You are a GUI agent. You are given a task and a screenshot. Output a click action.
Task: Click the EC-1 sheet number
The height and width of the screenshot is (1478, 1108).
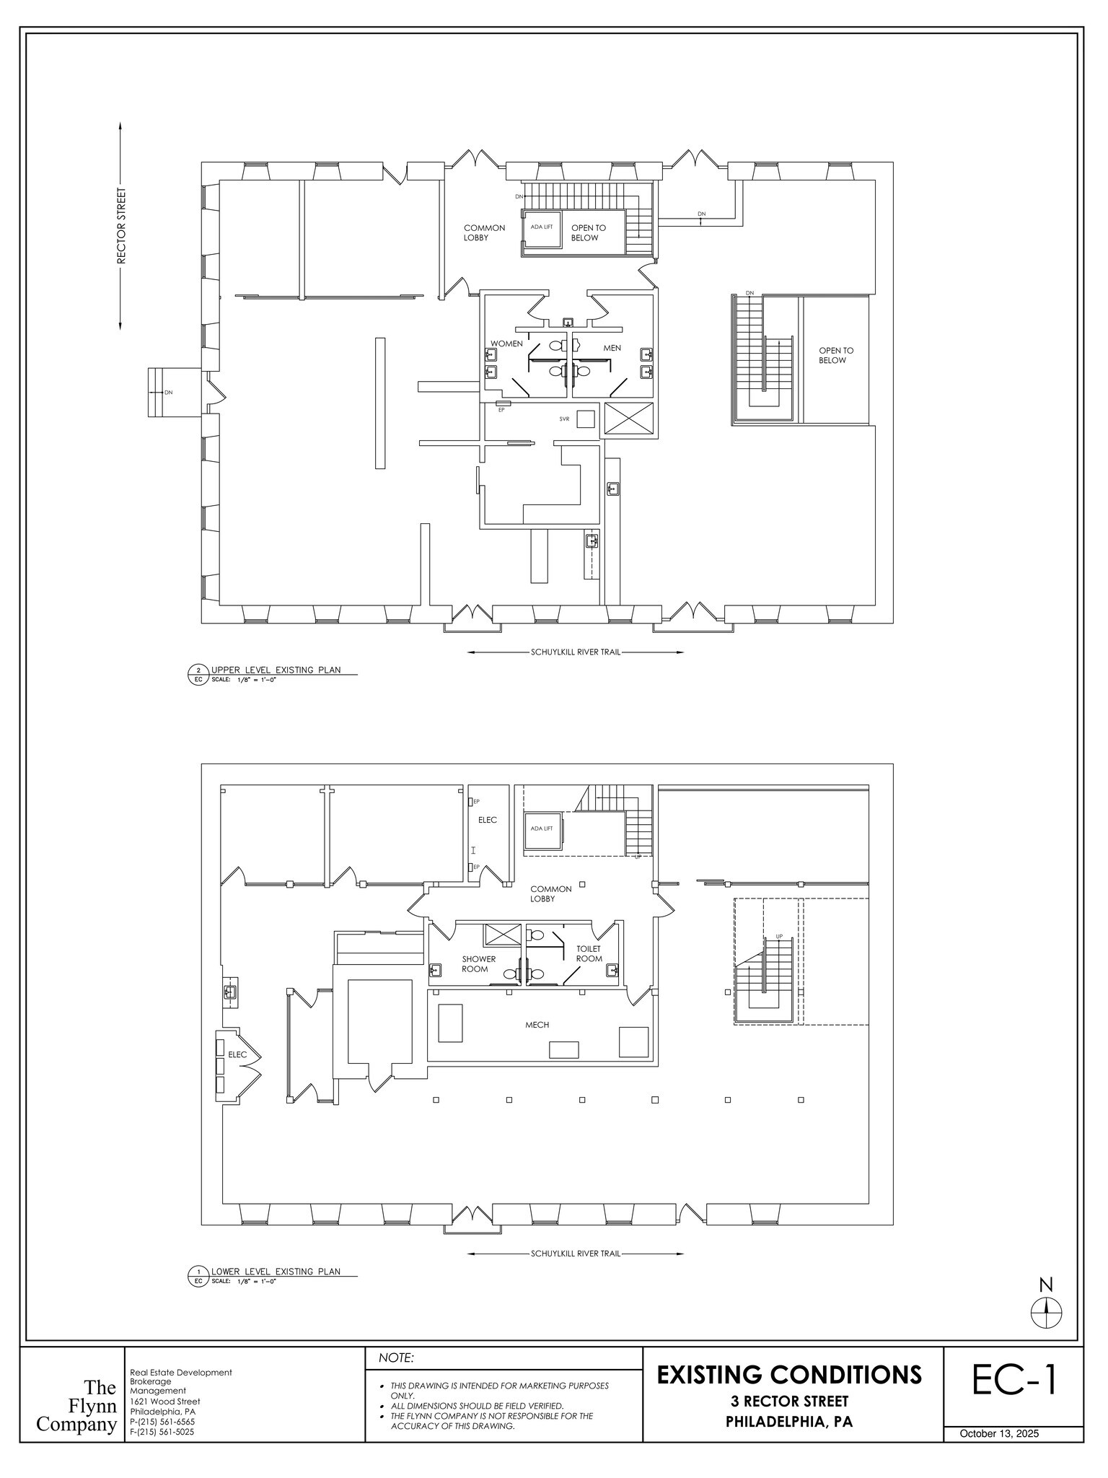point(1014,1379)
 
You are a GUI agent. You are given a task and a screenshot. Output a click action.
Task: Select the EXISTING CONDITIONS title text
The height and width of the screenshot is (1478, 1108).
point(789,1374)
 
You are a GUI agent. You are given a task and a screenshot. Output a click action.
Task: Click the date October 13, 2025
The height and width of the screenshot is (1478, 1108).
point(999,1433)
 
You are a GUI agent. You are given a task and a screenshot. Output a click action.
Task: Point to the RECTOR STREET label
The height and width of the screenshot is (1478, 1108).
point(121,226)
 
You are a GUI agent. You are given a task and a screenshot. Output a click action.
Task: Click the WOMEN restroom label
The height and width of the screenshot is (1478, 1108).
point(506,344)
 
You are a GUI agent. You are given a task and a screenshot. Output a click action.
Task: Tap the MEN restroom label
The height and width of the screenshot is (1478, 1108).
point(612,348)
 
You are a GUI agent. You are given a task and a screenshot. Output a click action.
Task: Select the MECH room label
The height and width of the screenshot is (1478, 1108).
point(537,1025)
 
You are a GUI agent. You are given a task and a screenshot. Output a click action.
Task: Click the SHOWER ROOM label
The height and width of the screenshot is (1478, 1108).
point(478,964)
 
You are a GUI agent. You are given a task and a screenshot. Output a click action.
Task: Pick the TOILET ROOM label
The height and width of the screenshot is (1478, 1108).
point(589,953)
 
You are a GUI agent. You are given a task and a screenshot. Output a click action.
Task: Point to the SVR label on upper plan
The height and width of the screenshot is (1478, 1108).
point(564,419)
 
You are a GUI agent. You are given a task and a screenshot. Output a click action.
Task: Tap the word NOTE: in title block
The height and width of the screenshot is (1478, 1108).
point(396,1358)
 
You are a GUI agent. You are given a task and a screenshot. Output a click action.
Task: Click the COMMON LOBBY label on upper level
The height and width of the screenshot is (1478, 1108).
point(484,232)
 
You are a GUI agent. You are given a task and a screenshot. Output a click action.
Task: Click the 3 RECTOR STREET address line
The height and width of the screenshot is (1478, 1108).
point(789,1402)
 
